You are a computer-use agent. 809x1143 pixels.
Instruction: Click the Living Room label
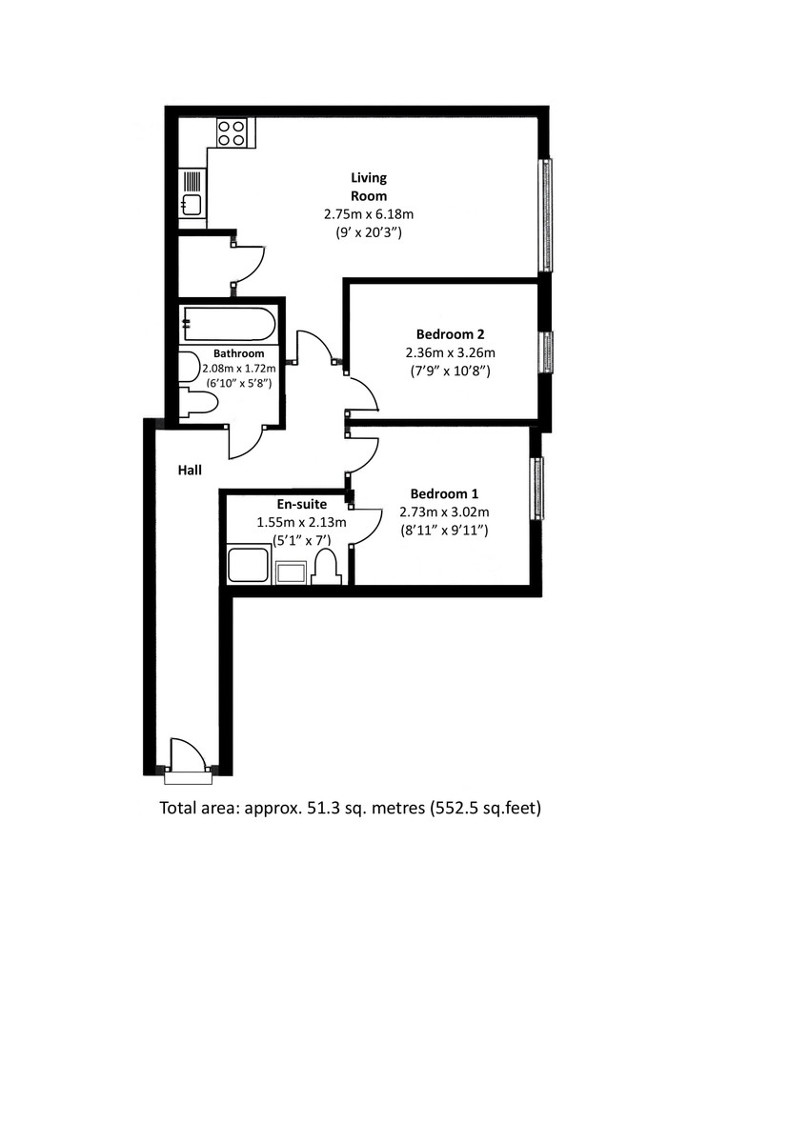point(369,187)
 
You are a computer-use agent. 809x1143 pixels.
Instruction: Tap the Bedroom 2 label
point(450,334)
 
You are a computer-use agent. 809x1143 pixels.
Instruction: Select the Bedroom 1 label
point(444,493)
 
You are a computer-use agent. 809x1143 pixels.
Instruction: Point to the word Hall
point(190,470)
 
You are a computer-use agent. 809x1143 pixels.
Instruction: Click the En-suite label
point(302,504)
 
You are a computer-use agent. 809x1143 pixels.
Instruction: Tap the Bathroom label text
point(238,353)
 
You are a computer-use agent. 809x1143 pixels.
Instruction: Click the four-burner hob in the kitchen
point(232,132)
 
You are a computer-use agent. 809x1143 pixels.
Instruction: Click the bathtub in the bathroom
point(230,324)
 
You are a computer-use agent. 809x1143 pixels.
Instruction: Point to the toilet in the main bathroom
point(198,404)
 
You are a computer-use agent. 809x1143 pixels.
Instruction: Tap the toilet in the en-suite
point(326,567)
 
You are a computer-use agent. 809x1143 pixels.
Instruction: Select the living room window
point(547,215)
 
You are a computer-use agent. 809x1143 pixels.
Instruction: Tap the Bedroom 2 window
point(547,352)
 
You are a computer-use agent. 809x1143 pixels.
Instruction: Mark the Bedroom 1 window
point(537,489)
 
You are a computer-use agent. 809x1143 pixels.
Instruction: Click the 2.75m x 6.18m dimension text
point(369,214)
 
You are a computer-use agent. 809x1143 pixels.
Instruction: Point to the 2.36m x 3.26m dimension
point(450,352)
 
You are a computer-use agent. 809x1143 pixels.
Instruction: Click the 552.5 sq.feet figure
point(485,809)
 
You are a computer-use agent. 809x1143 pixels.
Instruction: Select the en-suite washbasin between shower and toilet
point(291,572)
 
